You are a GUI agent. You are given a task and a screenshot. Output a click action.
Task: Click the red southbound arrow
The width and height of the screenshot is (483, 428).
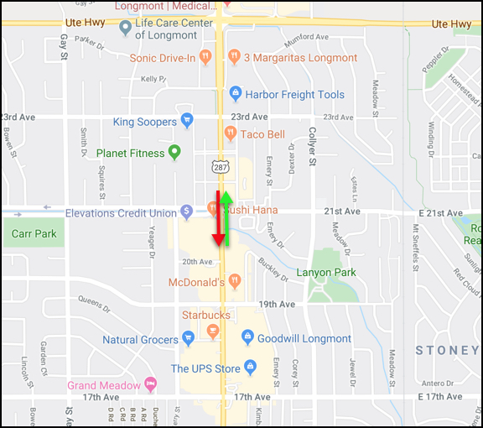218,220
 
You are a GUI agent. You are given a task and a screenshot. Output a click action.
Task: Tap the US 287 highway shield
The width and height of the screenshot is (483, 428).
221,168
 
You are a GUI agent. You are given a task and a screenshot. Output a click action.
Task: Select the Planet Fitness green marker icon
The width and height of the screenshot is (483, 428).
174,153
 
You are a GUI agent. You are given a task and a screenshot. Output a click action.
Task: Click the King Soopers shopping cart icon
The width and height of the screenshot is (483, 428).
187,122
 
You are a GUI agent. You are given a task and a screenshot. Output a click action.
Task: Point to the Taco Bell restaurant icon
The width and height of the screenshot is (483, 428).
231,134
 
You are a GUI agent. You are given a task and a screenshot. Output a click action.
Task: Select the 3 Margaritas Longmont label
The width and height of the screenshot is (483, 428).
300,58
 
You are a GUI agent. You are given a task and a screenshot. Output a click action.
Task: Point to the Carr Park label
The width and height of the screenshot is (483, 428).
34,233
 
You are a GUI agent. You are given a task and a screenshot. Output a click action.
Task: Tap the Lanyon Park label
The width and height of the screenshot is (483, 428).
327,273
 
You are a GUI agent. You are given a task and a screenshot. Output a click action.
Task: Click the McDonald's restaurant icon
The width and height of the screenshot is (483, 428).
236,282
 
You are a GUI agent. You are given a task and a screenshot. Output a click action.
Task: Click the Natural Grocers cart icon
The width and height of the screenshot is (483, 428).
187,339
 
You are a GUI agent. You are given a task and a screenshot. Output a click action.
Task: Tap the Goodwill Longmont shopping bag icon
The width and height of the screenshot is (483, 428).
247,338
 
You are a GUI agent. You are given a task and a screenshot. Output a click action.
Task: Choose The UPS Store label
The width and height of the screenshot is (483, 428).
206,368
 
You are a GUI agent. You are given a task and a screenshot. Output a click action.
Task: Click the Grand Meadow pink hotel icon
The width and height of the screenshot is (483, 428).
151,385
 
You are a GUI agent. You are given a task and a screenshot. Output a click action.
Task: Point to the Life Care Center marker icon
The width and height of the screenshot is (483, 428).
125,29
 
